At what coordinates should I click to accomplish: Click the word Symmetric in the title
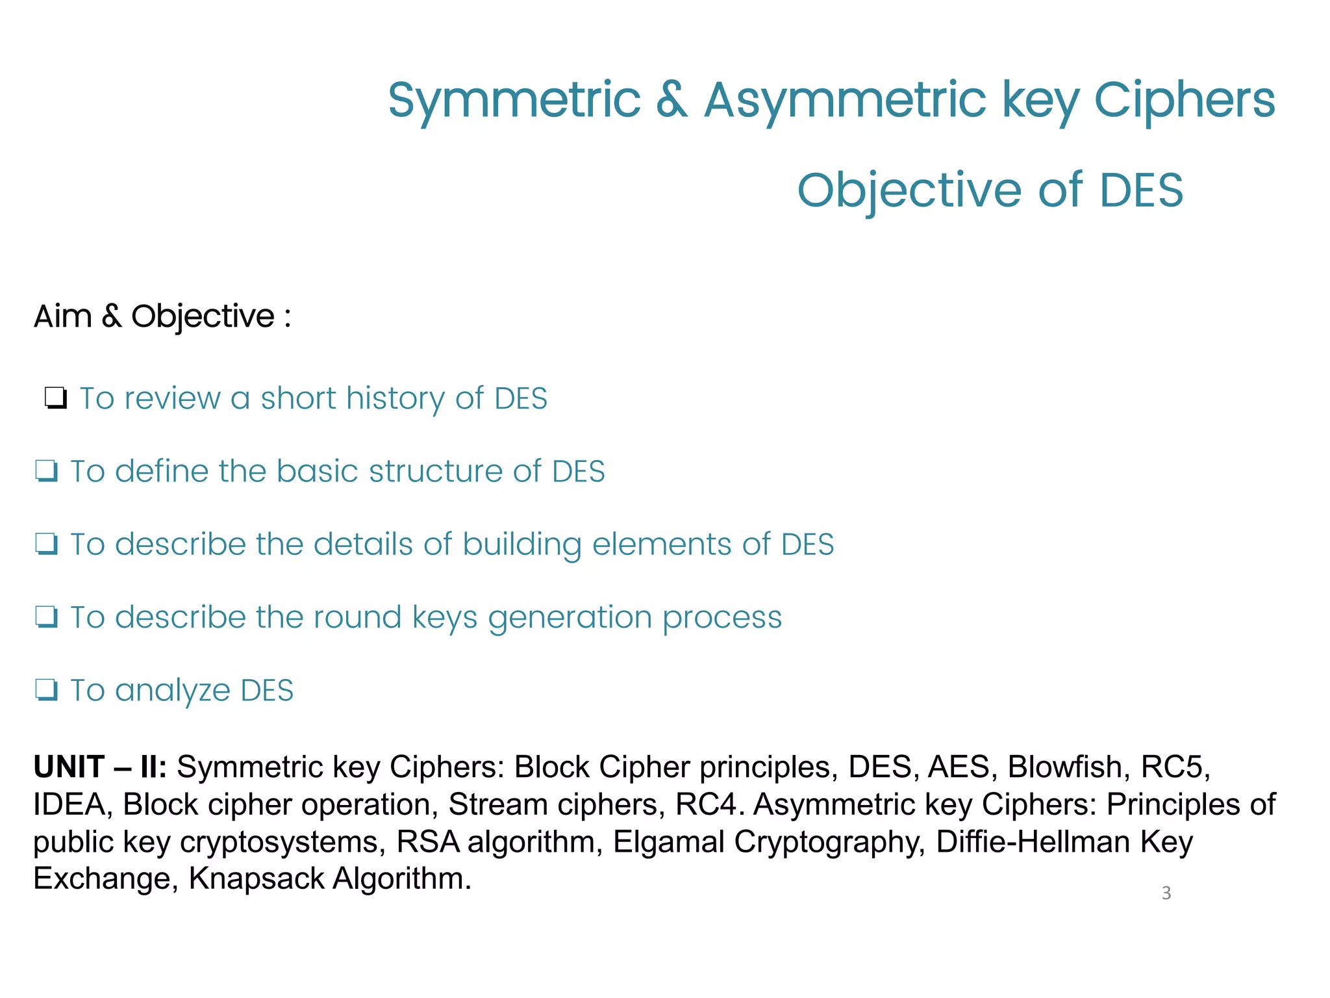(x=514, y=100)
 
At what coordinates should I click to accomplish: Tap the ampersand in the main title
(x=671, y=100)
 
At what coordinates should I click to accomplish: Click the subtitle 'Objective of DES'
(x=990, y=190)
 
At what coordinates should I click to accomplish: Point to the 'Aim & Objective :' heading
(x=162, y=316)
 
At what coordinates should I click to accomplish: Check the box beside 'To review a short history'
(x=56, y=398)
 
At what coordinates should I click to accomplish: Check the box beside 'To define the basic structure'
(x=47, y=471)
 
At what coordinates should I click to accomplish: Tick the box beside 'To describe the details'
(x=47, y=544)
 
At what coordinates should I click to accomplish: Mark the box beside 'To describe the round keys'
(x=47, y=617)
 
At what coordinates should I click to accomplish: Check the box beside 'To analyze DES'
(x=47, y=690)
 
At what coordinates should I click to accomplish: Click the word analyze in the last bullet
(x=172, y=691)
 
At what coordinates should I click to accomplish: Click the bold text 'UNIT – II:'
(x=100, y=767)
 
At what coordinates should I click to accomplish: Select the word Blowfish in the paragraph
(x=1064, y=767)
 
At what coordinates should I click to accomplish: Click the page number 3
(x=1166, y=893)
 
